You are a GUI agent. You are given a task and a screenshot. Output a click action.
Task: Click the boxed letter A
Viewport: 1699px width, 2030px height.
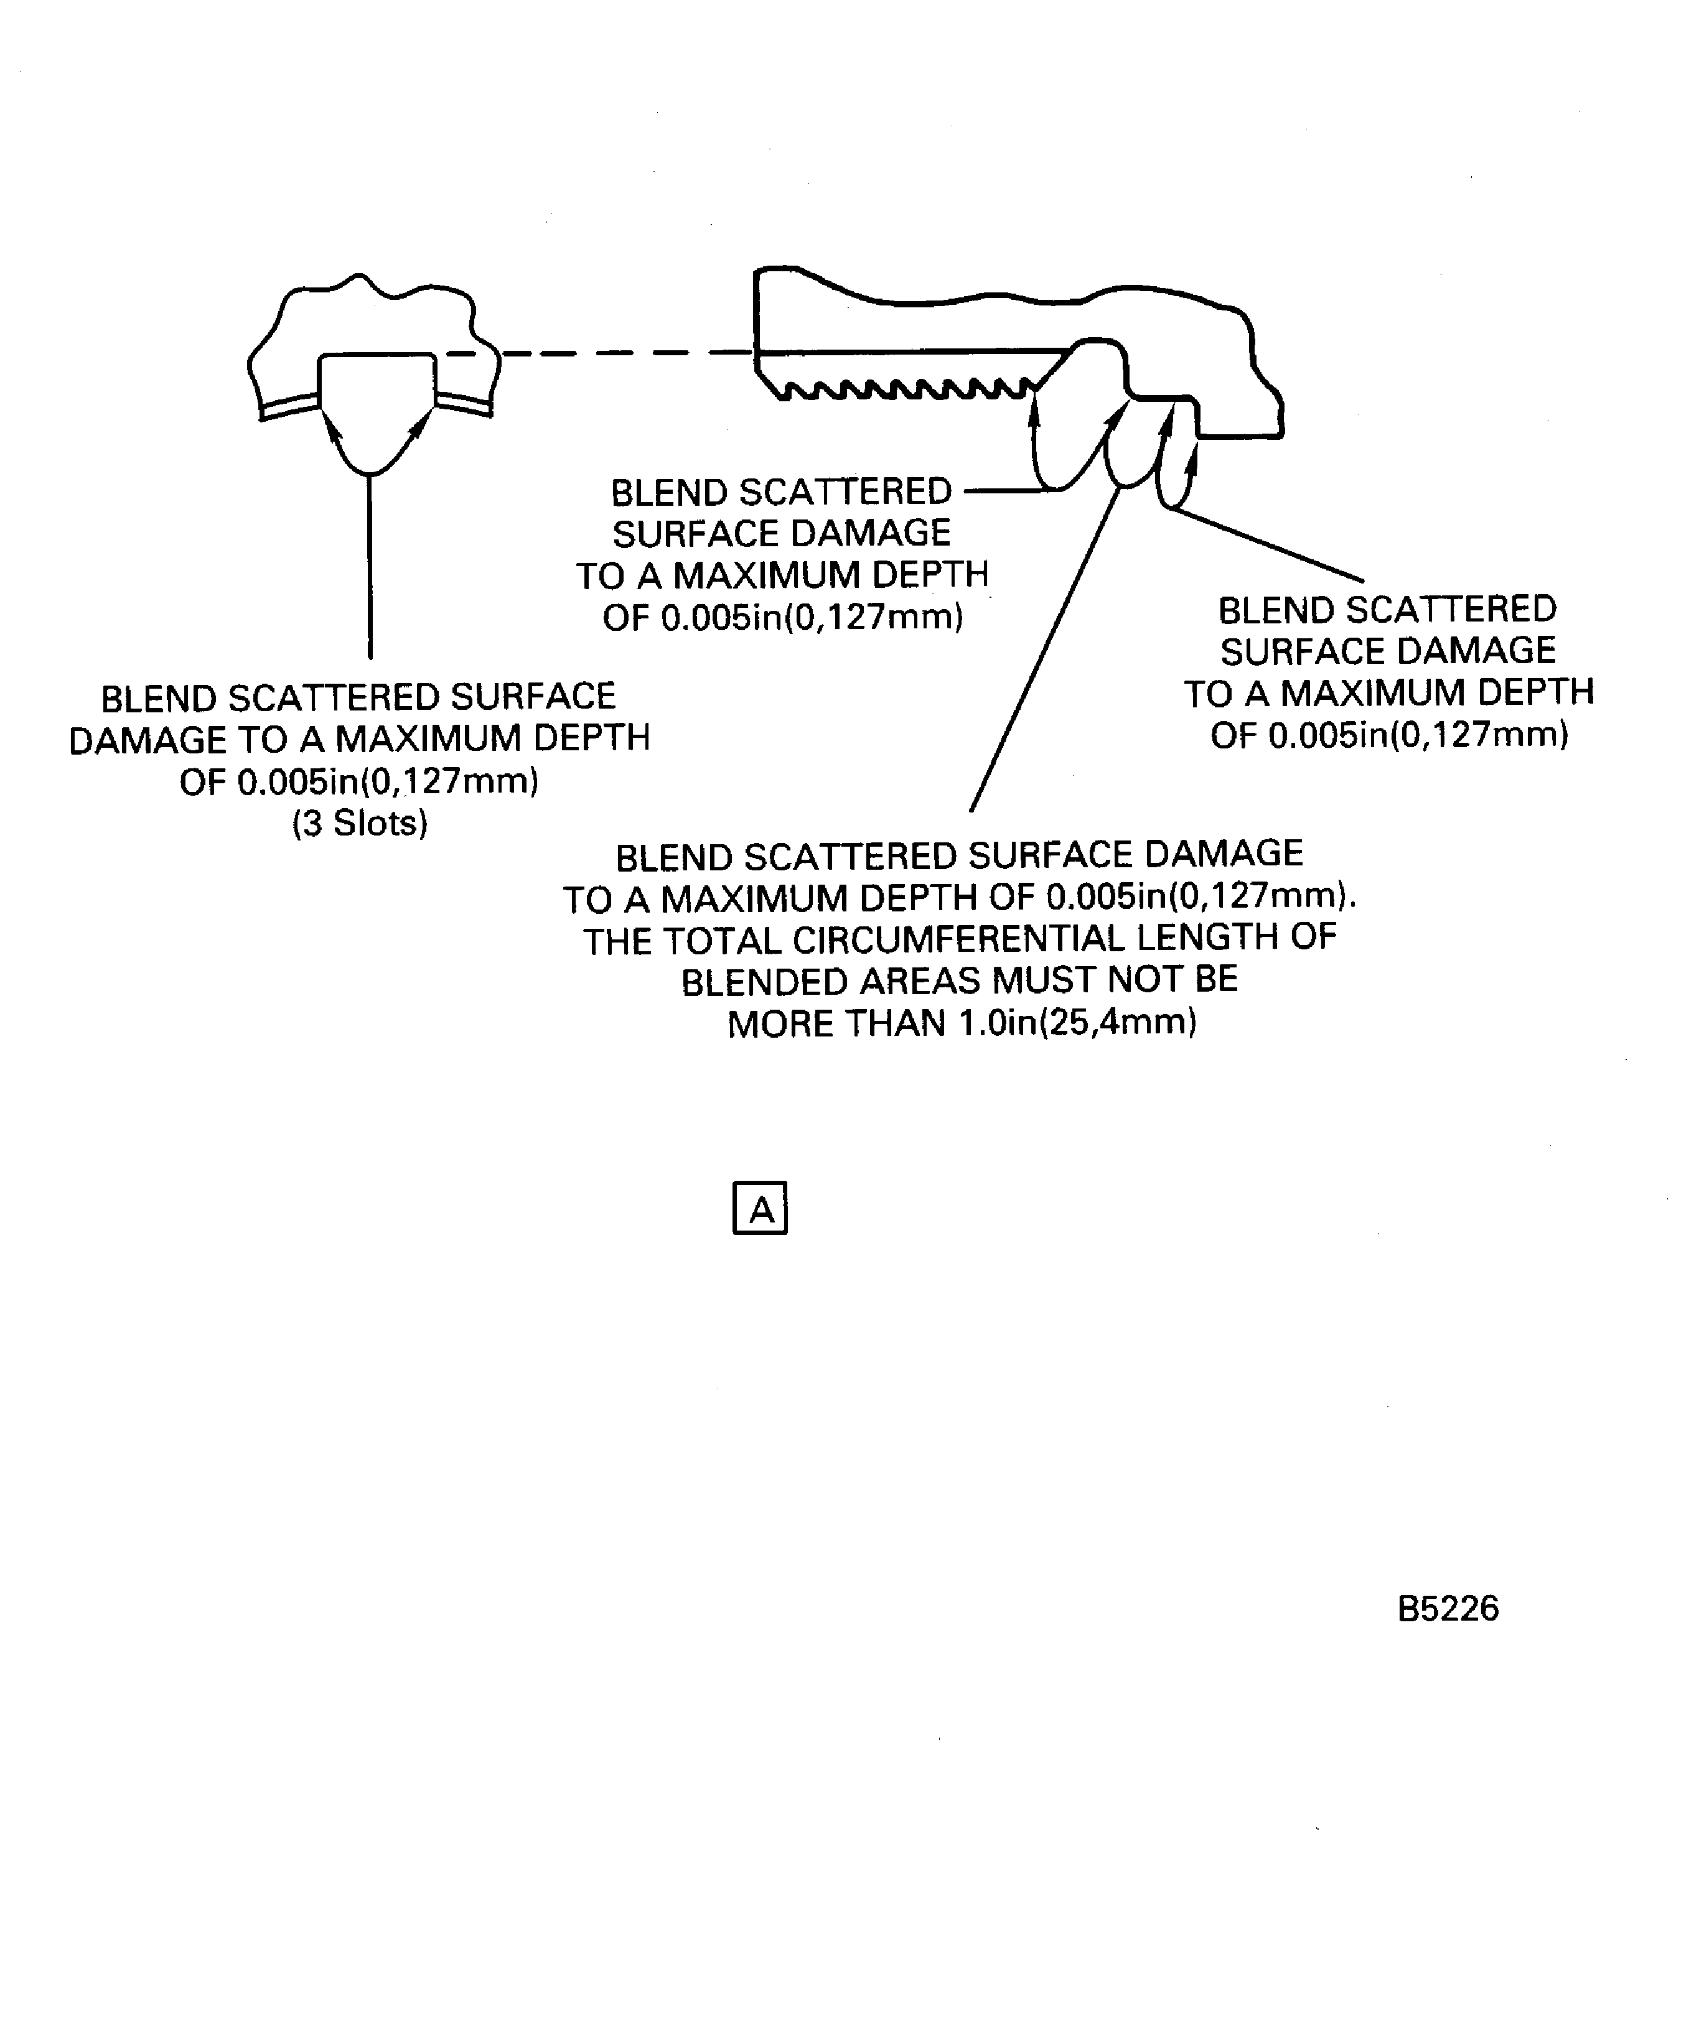(x=760, y=1208)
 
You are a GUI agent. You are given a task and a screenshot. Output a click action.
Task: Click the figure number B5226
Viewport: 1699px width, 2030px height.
(x=1448, y=1609)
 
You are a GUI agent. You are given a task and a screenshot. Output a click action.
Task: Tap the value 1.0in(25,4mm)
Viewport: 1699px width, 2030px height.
(x=1076, y=1023)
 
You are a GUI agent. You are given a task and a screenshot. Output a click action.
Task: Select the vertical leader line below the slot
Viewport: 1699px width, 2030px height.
(x=370, y=567)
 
